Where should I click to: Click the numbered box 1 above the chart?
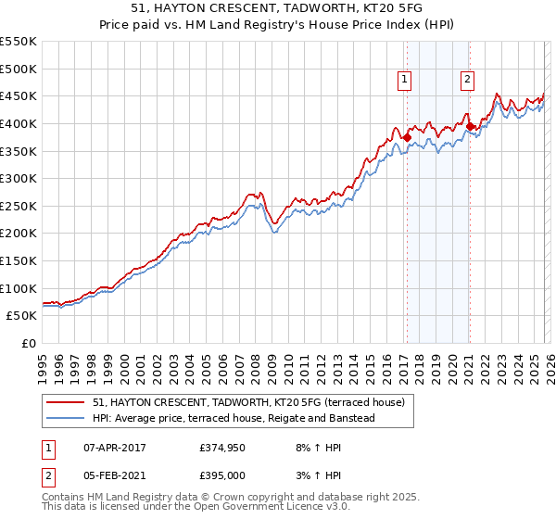(x=406, y=81)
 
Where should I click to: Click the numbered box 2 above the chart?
(x=468, y=81)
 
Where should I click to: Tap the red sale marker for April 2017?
(x=407, y=137)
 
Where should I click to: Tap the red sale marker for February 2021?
(x=470, y=126)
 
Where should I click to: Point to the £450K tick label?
(x=19, y=96)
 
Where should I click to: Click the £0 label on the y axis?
(x=30, y=344)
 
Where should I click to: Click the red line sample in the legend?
(x=66, y=403)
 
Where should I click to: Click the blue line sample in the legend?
(x=66, y=419)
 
